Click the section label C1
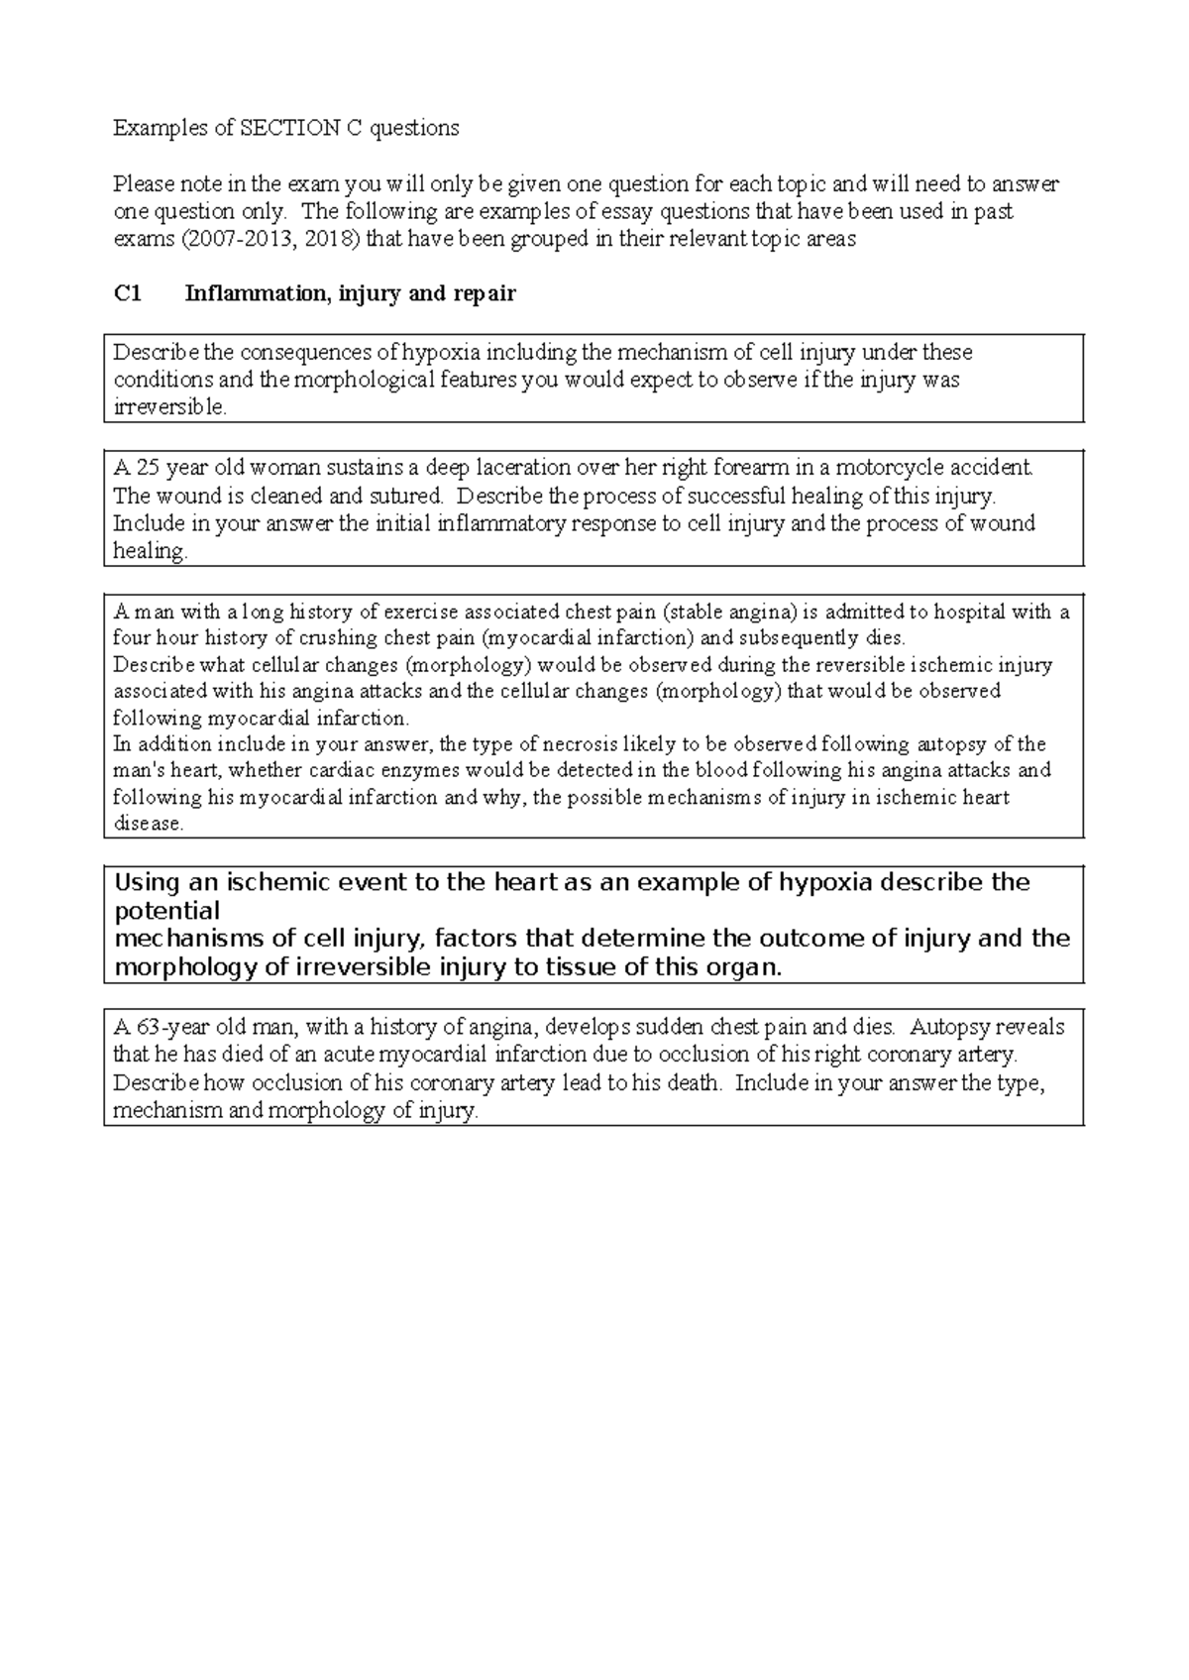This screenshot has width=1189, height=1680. (128, 294)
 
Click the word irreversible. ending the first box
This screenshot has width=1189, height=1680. (170, 407)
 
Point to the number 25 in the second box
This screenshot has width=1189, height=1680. (148, 468)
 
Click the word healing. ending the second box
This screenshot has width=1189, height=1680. (150, 552)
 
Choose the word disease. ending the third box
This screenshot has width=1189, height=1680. (148, 825)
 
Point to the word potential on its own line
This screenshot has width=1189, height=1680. (167, 911)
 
